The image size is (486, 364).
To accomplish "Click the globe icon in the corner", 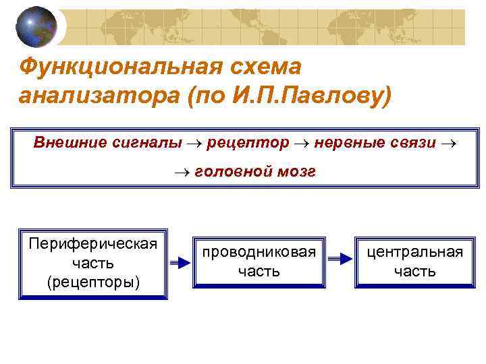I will point(36,26).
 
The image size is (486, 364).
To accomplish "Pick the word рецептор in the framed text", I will point(248,142).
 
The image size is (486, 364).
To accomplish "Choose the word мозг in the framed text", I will point(296,172).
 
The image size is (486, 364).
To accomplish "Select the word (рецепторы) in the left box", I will point(93,281).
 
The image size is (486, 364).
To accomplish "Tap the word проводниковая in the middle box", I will point(259,252).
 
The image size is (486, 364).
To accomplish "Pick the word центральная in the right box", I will point(414,252).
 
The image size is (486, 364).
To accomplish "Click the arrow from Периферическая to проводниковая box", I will point(180,263).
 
